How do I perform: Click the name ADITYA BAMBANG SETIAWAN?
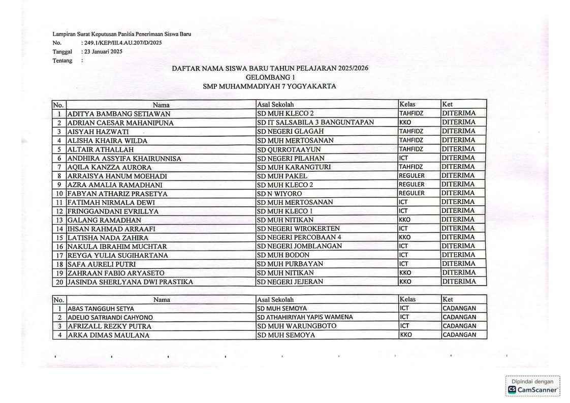pos(119,114)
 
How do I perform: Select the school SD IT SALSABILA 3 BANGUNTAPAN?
pos(315,122)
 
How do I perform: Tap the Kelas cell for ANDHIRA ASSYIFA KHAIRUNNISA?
pos(404,158)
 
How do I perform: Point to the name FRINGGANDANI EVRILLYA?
pos(113,211)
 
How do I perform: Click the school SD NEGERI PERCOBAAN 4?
pos(299,237)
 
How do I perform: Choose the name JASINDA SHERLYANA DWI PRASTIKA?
pos(130,282)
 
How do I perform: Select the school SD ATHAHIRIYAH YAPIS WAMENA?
pos(305,317)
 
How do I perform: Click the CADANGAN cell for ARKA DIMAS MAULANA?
pos(459,335)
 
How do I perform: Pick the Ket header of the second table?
pos(448,300)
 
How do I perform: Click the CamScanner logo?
pos(533,389)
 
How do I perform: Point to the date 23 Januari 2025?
pos(102,51)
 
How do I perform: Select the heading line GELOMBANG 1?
pos(270,77)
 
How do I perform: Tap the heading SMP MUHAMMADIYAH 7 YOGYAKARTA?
pos(269,86)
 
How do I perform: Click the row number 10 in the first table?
pos(59,194)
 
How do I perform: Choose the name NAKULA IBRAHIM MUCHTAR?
pos(117,246)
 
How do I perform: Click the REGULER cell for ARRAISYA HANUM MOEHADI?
pos(411,176)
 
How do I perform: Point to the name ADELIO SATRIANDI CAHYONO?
pos(110,318)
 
